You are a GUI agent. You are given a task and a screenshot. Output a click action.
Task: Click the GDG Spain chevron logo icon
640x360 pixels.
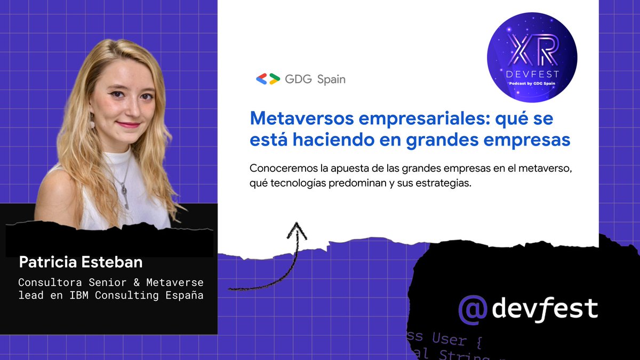268,79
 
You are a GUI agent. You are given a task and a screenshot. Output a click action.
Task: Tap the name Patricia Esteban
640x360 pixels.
81,262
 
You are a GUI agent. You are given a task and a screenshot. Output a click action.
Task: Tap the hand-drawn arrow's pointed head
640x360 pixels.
297,230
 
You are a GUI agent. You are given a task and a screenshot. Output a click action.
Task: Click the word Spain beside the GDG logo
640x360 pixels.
331,79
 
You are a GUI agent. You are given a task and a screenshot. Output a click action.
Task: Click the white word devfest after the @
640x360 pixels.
545,309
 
